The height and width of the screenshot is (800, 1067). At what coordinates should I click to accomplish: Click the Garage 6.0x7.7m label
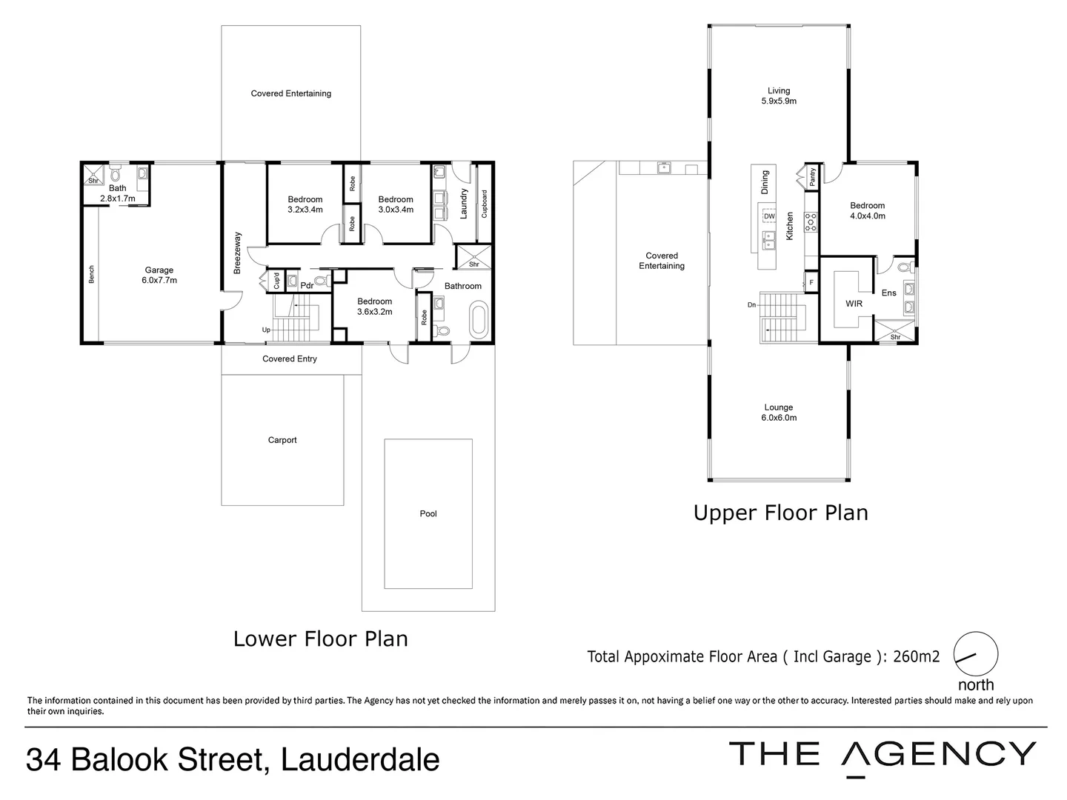[x=159, y=276]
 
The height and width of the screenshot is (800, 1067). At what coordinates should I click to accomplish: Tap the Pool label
[x=428, y=513]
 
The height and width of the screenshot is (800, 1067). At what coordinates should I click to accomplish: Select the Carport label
[x=282, y=440]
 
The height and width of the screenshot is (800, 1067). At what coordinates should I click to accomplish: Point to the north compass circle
[x=976, y=654]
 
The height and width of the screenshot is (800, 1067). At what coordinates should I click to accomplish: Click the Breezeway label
[x=238, y=253]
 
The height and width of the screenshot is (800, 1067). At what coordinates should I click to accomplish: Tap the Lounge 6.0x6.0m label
[x=779, y=413]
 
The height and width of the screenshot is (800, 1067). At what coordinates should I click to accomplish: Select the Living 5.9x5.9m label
[x=779, y=96]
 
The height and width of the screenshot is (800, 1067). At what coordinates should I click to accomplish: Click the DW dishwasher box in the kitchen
[x=769, y=216]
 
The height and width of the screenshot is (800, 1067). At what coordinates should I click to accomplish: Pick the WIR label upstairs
[x=854, y=304]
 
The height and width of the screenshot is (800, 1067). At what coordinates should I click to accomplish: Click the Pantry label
[x=813, y=176]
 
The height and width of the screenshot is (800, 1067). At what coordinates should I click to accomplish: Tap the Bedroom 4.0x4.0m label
[x=867, y=211]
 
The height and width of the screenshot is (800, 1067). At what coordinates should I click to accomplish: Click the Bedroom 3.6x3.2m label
[x=374, y=307]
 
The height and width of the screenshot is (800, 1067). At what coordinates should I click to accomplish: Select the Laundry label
[x=464, y=203]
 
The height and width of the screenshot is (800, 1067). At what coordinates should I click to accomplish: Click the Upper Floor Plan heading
[x=780, y=513]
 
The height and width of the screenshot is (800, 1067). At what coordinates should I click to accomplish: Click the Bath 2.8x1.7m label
[x=118, y=193]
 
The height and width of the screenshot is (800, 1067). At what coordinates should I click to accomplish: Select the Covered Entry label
[x=290, y=359]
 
